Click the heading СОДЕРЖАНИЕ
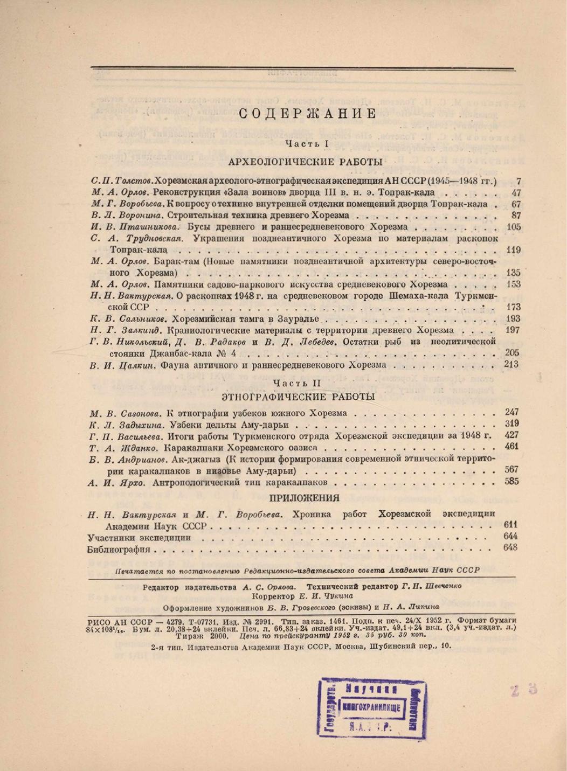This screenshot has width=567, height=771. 307,114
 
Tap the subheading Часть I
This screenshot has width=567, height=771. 307,144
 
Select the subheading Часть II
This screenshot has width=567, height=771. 296,383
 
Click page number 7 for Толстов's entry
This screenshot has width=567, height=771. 518,182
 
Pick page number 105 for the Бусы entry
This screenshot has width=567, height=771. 514,227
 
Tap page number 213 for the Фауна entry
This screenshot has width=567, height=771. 511,364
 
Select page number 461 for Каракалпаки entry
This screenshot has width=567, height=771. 511,447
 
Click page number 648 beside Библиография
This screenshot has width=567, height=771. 510,547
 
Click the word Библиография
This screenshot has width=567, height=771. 119,550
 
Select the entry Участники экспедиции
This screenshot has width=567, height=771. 139,538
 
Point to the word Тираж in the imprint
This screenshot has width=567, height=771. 187,635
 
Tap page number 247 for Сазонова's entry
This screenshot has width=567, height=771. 511,412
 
